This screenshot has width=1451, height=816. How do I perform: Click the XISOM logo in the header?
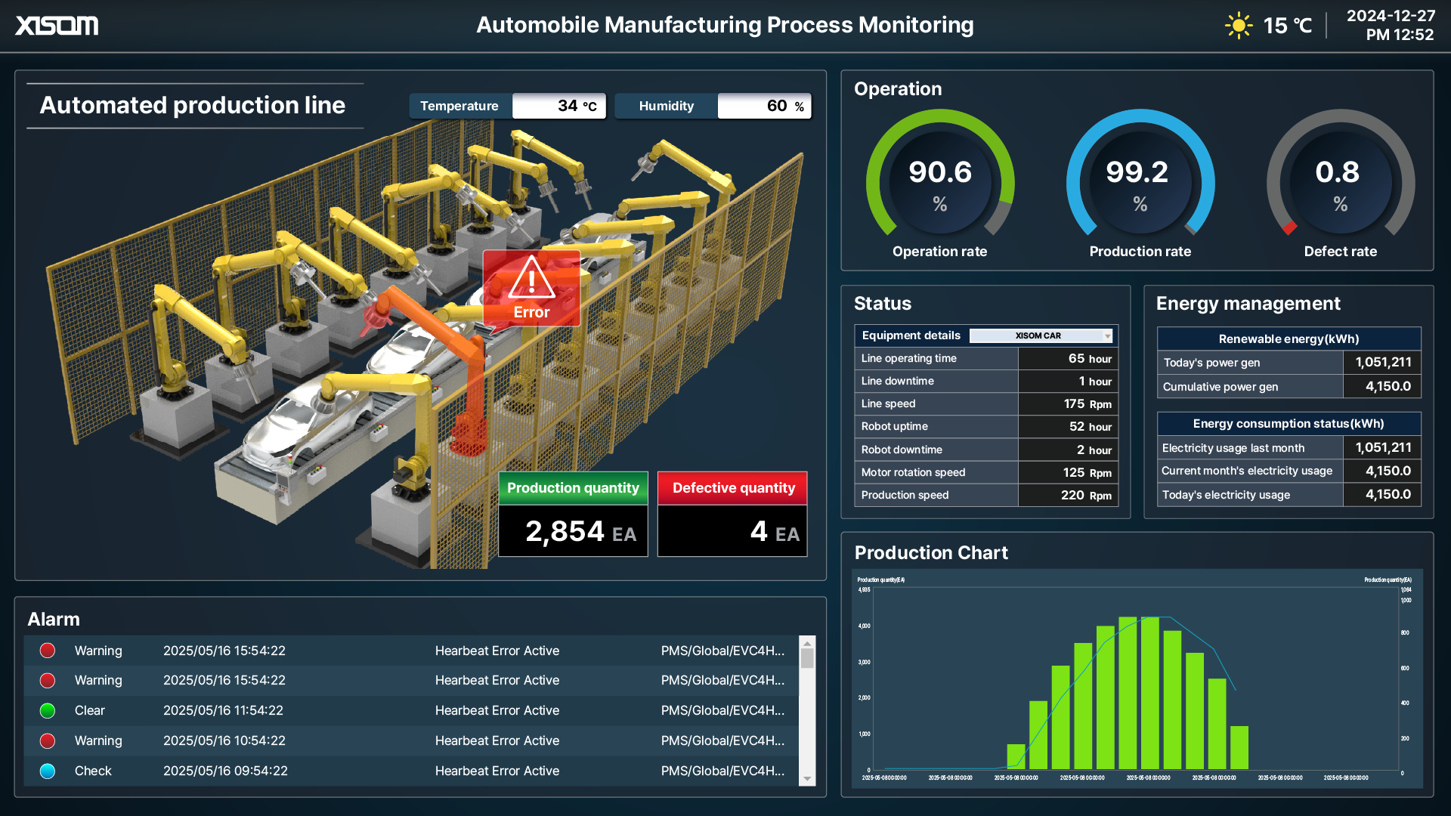click(x=57, y=26)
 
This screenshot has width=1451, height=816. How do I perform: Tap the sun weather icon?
click(x=1238, y=26)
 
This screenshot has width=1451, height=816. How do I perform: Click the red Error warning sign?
click(x=531, y=288)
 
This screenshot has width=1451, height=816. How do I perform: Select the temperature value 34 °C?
click(x=576, y=106)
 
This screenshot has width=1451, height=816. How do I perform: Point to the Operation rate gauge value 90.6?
click(x=939, y=172)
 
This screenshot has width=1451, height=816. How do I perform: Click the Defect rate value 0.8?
click(x=1337, y=172)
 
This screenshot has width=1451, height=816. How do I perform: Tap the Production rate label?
click(x=1140, y=252)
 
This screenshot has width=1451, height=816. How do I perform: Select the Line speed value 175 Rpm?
click(x=1087, y=404)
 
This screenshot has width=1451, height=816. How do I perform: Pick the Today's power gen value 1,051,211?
click(x=1382, y=363)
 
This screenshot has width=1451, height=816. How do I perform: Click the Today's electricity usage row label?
click(x=1226, y=495)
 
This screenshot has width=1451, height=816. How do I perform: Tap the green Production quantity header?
click(x=573, y=488)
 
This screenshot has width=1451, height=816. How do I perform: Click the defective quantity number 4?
click(x=758, y=531)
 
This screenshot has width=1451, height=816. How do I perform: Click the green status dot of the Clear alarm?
click(x=48, y=711)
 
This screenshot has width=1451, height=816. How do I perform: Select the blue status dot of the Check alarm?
click(x=48, y=771)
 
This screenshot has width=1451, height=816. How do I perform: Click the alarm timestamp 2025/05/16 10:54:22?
click(x=224, y=741)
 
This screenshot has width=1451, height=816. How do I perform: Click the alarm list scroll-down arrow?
click(x=807, y=779)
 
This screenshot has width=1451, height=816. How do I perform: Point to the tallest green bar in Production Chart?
click(x=1149, y=694)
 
